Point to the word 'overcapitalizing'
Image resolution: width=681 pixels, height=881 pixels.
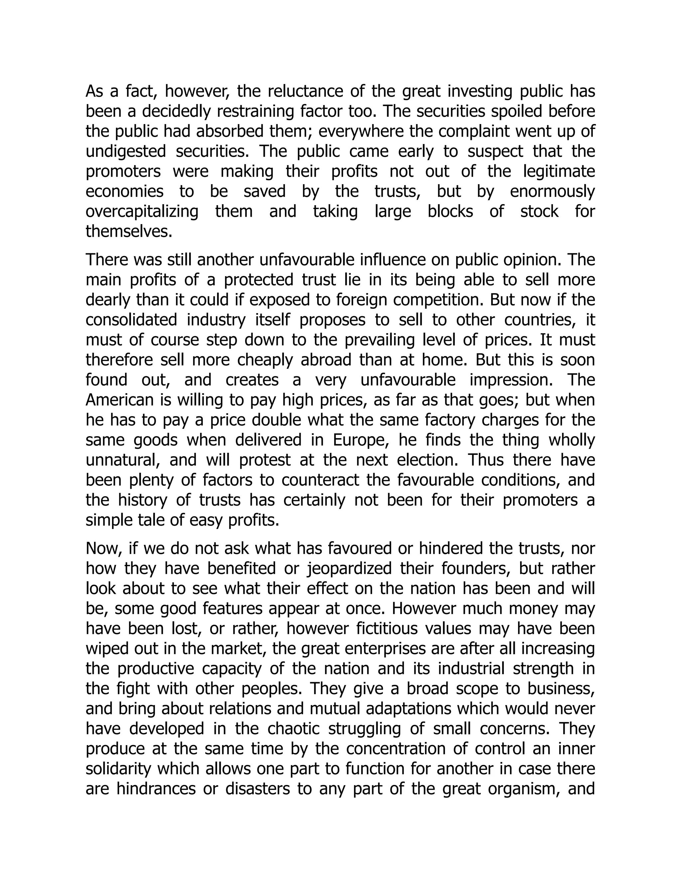click(142, 211)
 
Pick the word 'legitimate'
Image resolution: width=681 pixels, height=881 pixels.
click(559, 172)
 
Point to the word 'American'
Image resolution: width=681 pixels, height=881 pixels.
click(119, 400)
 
